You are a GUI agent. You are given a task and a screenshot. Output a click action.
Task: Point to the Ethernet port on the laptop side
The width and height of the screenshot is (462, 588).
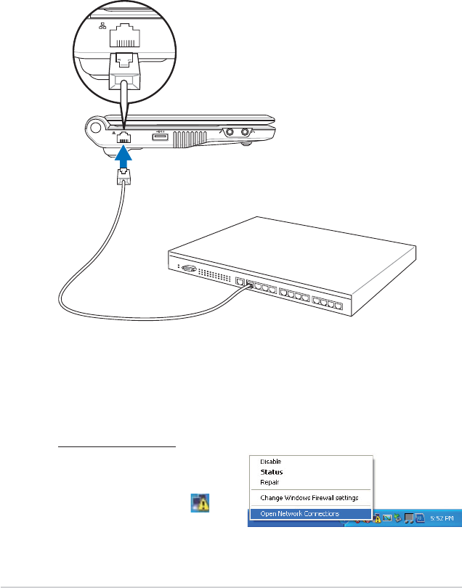pyautogui.click(x=125, y=136)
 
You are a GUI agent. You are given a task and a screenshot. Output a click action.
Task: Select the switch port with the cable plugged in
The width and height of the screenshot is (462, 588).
pyautogui.click(x=251, y=285)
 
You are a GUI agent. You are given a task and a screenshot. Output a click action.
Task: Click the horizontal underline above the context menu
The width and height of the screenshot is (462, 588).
pyautogui.click(x=116, y=447)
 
